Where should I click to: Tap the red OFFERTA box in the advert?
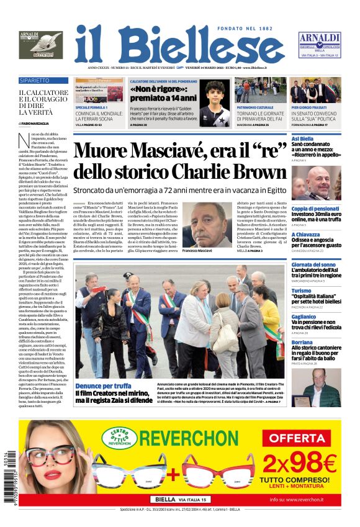[x=299, y=438]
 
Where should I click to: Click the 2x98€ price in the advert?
[x=299, y=462]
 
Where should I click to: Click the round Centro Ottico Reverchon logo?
[x=119, y=437]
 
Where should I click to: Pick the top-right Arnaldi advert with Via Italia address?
[x=319, y=45]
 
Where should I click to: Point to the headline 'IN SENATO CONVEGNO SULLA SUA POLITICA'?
[x=315, y=117]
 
